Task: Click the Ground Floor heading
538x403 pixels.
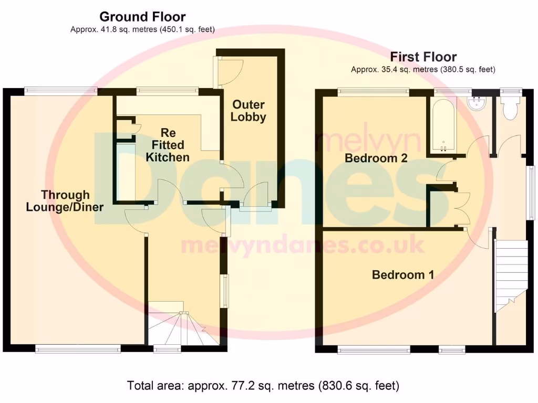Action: [142, 17]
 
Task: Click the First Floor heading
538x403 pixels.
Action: [423, 57]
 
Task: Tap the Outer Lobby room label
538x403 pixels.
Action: [248, 111]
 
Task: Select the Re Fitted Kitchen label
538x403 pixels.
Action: [167, 145]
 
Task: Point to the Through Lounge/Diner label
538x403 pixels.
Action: [65, 201]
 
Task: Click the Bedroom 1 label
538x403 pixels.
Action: [403, 274]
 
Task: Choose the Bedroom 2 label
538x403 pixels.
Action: [376, 158]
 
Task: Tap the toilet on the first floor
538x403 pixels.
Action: [510, 108]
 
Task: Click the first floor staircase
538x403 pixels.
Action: [511, 275]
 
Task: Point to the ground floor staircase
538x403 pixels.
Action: [183, 328]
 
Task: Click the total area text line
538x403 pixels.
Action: [263, 386]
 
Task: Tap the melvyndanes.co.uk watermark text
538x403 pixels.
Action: [302, 245]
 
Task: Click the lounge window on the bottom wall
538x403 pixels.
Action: [78, 348]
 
